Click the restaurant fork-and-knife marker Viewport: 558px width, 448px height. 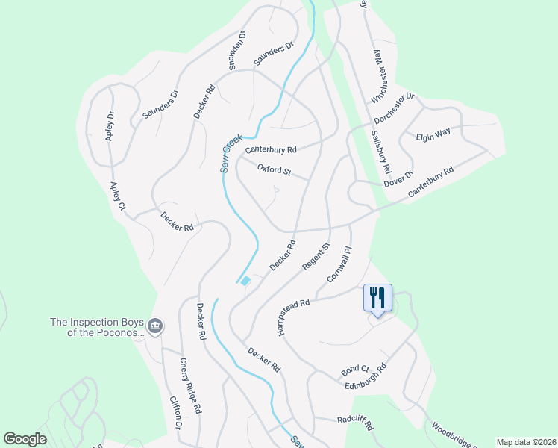(x=377, y=298)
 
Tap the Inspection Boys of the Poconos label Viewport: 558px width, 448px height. (x=95, y=327)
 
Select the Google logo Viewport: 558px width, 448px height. (x=25, y=439)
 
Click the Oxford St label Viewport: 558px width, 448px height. (x=274, y=170)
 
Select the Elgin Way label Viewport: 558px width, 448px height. (x=434, y=134)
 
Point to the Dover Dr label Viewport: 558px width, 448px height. (x=398, y=179)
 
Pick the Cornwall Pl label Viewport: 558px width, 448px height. (x=338, y=265)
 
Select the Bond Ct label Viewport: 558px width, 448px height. (x=355, y=370)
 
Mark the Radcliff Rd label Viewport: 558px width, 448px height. (x=354, y=420)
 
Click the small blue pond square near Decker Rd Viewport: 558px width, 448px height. (x=245, y=281)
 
